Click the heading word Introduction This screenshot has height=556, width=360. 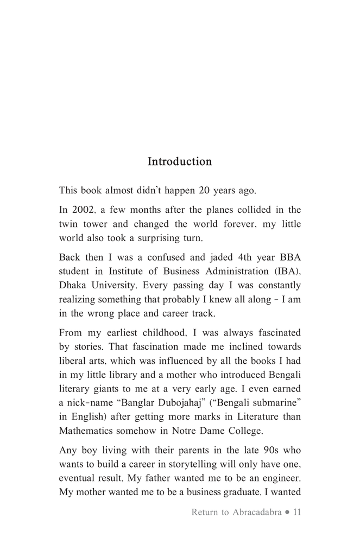tap(180, 162)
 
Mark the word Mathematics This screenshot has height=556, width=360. tap(87, 432)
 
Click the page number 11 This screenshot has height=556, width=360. tap(296, 512)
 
